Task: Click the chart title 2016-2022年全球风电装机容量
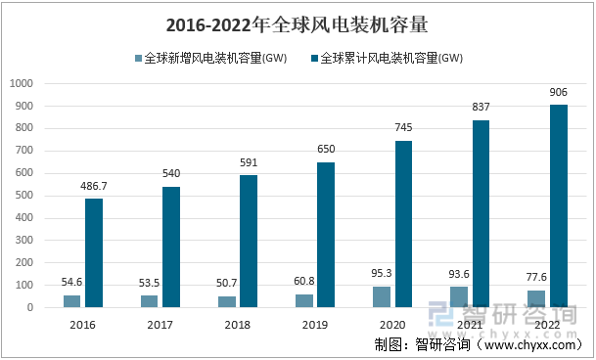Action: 297,23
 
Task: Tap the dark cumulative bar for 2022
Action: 558,206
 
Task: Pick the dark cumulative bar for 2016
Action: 94,253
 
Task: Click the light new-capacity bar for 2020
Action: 383,297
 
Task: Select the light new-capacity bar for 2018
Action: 227,302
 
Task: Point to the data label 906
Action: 558,92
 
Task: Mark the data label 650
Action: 325,150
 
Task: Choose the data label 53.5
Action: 150,284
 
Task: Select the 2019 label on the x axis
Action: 314,323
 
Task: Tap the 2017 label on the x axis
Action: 160,323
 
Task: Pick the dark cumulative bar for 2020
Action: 403,224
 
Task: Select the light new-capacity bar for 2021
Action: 460,297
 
